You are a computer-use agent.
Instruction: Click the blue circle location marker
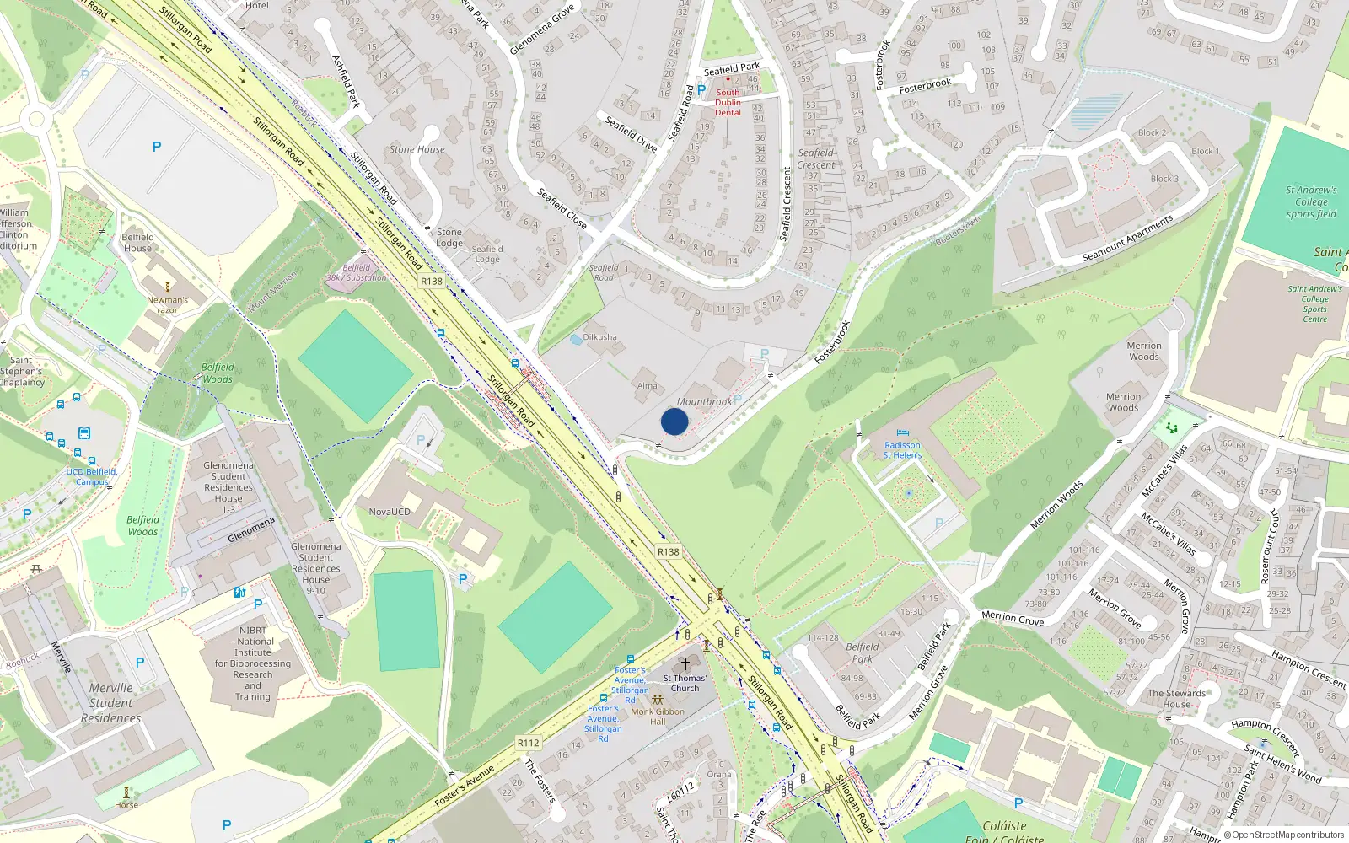point(674,421)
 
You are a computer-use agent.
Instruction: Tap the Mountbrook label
point(704,402)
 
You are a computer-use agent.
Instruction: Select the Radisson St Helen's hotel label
point(902,450)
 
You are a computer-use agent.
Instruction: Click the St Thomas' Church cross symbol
point(685,664)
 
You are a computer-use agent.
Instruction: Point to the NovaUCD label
point(390,512)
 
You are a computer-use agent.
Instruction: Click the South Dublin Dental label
point(728,103)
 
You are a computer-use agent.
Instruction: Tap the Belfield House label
point(137,243)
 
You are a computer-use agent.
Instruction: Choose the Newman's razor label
point(167,304)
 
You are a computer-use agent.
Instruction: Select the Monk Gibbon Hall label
point(658,717)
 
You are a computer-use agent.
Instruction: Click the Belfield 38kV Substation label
point(357,272)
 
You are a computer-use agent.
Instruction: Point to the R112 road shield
point(529,743)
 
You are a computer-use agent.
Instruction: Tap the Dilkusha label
point(599,337)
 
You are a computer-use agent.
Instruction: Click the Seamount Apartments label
point(1127,239)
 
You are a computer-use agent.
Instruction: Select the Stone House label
point(417,149)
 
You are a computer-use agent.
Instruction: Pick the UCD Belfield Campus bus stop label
point(92,476)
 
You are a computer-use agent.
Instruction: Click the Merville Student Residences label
point(111,703)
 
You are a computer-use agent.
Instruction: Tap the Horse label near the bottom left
point(126,805)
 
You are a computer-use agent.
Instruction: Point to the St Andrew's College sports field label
point(1311,202)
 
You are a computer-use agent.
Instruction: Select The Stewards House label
point(1176,699)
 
